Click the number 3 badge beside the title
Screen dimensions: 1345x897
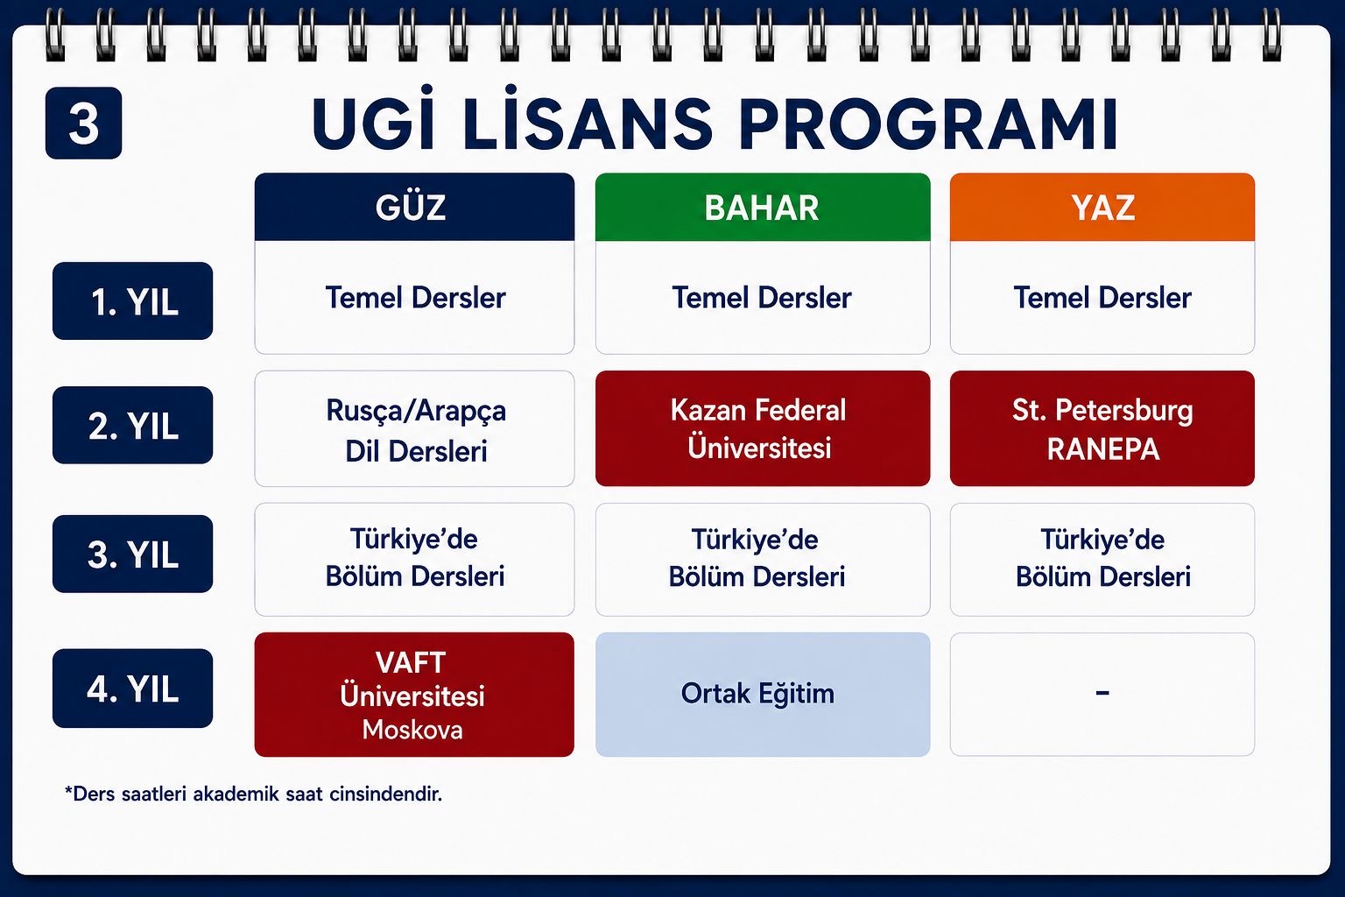pyautogui.click(x=83, y=124)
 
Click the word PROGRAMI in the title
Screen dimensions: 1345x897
pyautogui.click(x=927, y=124)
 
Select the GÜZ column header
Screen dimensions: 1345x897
pyautogui.click(x=414, y=208)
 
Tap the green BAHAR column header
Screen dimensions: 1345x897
pyautogui.click(x=763, y=208)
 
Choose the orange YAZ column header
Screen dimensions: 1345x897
pyautogui.click(x=1102, y=208)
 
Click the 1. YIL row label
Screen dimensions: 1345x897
pyautogui.click(x=133, y=301)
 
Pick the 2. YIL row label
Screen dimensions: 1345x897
pyautogui.click(x=133, y=426)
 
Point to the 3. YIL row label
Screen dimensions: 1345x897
pyautogui.click(x=133, y=554)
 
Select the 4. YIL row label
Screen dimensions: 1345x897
pyautogui.click(x=133, y=689)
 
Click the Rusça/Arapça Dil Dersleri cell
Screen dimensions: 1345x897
pyautogui.click(x=414, y=429)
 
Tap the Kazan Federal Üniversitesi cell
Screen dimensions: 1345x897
pyautogui.click(x=763, y=429)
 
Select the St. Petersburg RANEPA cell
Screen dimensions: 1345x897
pyautogui.click(x=1102, y=429)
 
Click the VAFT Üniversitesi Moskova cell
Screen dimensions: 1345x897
pyautogui.click(x=414, y=695)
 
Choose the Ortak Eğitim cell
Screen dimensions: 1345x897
pyautogui.click(x=763, y=695)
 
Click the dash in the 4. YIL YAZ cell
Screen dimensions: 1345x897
pyautogui.click(x=1102, y=693)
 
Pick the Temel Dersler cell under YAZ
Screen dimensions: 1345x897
pyautogui.click(x=1102, y=298)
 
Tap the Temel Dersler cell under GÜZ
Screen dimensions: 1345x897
pyautogui.click(x=414, y=298)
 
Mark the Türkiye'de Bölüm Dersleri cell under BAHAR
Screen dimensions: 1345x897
pyautogui.click(x=763, y=560)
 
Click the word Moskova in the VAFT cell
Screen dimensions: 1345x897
pyautogui.click(x=412, y=730)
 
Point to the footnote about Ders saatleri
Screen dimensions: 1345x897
pyautogui.click(x=253, y=795)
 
